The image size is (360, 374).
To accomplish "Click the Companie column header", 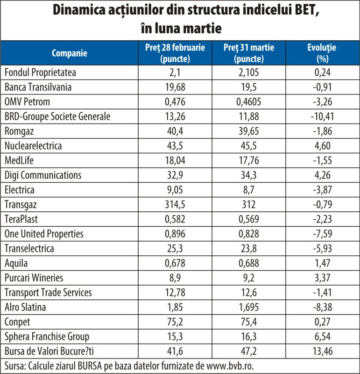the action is (69, 53).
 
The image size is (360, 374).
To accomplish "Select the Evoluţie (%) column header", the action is (322, 53).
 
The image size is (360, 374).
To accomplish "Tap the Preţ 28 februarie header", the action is (175, 48).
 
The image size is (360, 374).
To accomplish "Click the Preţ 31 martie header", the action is (249, 48).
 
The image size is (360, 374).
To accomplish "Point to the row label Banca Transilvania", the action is (38, 87).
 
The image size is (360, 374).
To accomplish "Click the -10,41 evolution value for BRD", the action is (322, 116).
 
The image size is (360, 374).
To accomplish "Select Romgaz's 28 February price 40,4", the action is (175, 131).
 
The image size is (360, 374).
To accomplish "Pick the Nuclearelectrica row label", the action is (33, 146).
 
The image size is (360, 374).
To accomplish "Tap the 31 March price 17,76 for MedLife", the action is (249, 160).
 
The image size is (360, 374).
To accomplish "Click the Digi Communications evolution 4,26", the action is (322, 175).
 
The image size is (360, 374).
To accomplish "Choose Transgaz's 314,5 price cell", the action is (175, 205).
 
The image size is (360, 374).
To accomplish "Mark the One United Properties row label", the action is (44, 234).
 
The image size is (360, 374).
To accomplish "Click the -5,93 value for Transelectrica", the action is (322, 249).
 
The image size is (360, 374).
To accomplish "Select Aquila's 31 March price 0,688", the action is (249, 263).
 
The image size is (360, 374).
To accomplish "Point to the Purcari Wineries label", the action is (34, 278).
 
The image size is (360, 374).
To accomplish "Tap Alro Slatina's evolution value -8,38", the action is (322, 307).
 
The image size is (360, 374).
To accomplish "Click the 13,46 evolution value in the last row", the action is (322, 352).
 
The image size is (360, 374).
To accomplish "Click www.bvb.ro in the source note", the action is (230, 366).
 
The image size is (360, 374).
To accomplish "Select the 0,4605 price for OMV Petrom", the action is (249, 102).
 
